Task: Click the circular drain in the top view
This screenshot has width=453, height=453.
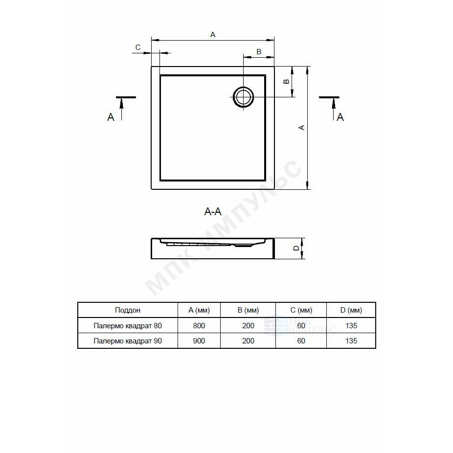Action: (x=244, y=97)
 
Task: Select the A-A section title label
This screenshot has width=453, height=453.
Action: (x=213, y=212)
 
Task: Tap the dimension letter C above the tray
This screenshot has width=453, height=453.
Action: (x=138, y=47)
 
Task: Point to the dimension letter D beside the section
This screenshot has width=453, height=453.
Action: (x=296, y=248)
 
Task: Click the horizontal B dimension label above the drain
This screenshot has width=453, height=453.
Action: (x=259, y=51)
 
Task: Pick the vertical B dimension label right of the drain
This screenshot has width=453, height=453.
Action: (x=286, y=82)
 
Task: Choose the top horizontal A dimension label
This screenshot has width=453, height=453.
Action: (x=213, y=35)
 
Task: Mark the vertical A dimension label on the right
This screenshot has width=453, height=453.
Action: (x=301, y=127)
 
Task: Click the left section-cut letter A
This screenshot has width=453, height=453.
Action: (x=111, y=117)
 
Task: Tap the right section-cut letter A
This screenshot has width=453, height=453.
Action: (x=340, y=117)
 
